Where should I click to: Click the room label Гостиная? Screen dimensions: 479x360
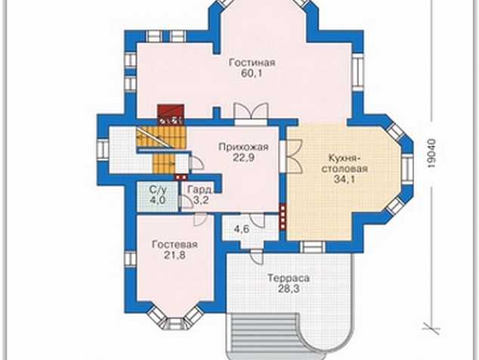(x=252, y=63)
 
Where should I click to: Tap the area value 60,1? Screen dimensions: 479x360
(x=252, y=73)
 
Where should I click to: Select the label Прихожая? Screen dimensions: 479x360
(x=243, y=147)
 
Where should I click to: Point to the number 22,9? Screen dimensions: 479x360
(x=243, y=158)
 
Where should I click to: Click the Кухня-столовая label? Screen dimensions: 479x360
(x=345, y=163)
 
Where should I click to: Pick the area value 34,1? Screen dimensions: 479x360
(x=345, y=179)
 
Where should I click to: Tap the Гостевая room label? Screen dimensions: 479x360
(x=175, y=245)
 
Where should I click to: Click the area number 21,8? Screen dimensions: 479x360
(x=175, y=256)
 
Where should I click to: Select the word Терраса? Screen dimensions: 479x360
(x=289, y=278)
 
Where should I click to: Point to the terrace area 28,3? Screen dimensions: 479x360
(x=289, y=289)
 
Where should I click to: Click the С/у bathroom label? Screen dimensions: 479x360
(x=158, y=191)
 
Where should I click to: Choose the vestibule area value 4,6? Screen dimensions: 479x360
(x=241, y=229)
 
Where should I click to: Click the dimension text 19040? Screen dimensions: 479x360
(x=431, y=154)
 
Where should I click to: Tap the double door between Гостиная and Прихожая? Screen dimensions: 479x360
(x=251, y=113)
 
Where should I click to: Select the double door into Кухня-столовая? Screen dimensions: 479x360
(x=292, y=157)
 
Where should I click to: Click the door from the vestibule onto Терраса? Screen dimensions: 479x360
(x=256, y=256)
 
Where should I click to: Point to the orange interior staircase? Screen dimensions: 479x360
(x=162, y=149)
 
